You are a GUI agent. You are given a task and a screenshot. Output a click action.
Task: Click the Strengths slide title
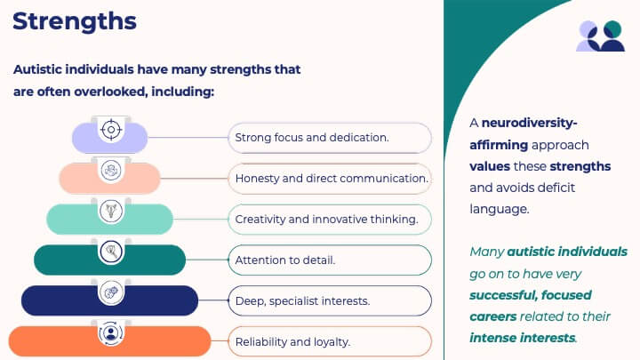point(75,21)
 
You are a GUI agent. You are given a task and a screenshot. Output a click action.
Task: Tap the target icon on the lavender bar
point(111,130)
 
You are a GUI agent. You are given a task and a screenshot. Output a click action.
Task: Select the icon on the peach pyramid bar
point(111,170)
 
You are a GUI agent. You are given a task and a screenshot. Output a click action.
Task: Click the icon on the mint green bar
point(111,211)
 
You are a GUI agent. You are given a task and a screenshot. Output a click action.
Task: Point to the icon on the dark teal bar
point(111,252)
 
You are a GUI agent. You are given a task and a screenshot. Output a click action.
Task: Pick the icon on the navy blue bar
point(111,292)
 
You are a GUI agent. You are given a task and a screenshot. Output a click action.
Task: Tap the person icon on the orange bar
point(110,333)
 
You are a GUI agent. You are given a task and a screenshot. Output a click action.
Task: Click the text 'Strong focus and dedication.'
point(312,138)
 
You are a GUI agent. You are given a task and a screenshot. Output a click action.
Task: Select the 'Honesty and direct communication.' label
point(332,179)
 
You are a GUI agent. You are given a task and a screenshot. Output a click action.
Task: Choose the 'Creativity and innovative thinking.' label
point(326,220)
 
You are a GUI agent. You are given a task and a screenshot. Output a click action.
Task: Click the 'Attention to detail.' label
point(285,260)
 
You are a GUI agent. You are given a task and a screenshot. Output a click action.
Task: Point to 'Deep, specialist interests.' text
point(302,301)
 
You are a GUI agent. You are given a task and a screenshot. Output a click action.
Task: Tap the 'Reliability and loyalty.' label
point(292,342)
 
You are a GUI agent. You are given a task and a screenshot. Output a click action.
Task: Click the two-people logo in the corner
point(600,36)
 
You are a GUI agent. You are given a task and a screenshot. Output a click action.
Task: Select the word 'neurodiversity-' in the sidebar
point(530,123)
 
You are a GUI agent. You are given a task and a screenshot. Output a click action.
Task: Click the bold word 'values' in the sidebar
point(490,166)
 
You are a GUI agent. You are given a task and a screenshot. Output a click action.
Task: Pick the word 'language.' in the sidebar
point(500,210)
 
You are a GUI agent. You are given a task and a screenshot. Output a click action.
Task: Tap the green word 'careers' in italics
point(493,316)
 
